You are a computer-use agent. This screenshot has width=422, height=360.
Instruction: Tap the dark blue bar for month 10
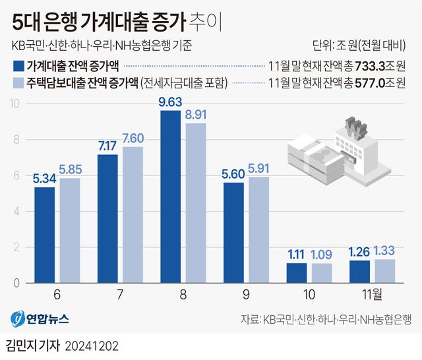[x=297, y=273]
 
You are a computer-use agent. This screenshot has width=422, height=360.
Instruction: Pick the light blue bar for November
[x=384, y=271]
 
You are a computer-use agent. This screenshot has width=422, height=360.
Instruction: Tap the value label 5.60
[x=233, y=175]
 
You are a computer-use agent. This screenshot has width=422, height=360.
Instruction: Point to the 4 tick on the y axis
[x=20, y=212]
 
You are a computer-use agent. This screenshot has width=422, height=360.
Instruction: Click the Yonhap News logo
[x=40, y=319]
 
